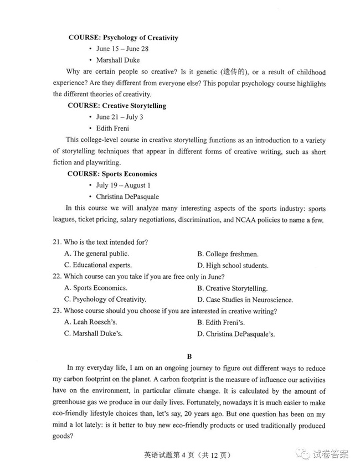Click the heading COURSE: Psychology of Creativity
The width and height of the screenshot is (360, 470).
123,38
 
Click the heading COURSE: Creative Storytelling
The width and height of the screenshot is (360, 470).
116,105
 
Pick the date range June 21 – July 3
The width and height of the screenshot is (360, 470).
119,117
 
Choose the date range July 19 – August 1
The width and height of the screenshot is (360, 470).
123,185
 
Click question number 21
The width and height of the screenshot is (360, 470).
56,242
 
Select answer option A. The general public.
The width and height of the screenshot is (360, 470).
96,254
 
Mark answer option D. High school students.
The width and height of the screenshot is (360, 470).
233,265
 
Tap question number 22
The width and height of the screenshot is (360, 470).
56,277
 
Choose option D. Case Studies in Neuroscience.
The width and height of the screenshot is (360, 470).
245,299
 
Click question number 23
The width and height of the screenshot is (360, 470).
56,311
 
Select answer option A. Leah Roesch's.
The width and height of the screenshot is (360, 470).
91,322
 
